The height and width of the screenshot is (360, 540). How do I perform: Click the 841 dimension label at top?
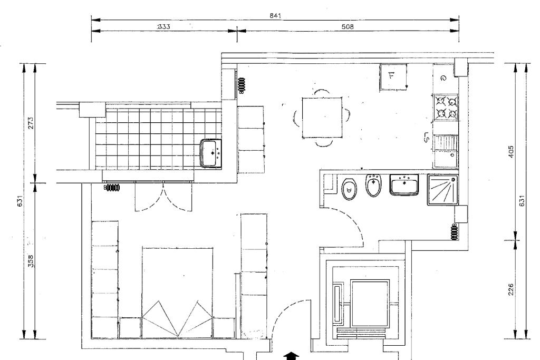(275, 15)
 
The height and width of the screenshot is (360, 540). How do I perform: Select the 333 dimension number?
(163, 26)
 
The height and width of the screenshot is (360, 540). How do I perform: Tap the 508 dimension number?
(347, 26)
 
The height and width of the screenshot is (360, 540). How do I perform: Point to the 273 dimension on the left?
(31, 123)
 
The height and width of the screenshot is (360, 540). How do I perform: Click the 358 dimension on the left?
(31, 261)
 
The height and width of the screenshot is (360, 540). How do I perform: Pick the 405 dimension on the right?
(511, 152)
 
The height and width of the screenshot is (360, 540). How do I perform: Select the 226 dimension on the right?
(511, 289)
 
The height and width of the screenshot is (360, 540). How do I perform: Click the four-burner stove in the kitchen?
(446, 108)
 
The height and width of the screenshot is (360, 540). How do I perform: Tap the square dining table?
(322, 118)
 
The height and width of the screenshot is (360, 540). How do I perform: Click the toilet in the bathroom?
(349, 189)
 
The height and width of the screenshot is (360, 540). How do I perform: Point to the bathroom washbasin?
(404, 185)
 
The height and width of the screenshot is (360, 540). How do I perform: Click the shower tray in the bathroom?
(443, 190)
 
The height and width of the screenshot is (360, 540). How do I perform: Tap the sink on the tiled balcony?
(211, 153)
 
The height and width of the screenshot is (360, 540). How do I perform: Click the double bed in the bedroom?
(177, 292)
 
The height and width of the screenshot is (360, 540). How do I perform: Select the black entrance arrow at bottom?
(291, 356)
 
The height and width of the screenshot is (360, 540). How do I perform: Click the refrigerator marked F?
(393, 77)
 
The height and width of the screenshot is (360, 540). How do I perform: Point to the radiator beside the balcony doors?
(112, 188)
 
